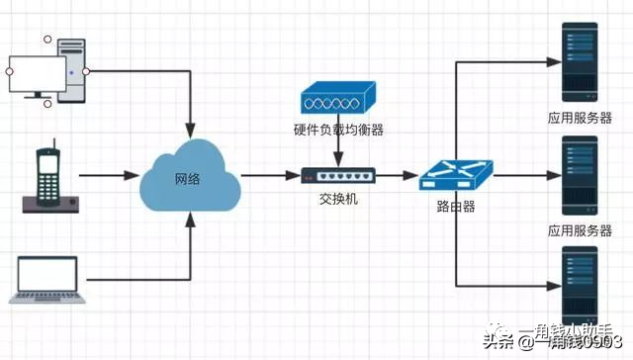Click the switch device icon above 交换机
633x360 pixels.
point(337,176)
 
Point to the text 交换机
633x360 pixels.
point(337,199)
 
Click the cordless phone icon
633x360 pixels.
point(47,180)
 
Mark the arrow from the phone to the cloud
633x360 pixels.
point(109,177)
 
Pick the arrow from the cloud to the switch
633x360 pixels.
point(269,177)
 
